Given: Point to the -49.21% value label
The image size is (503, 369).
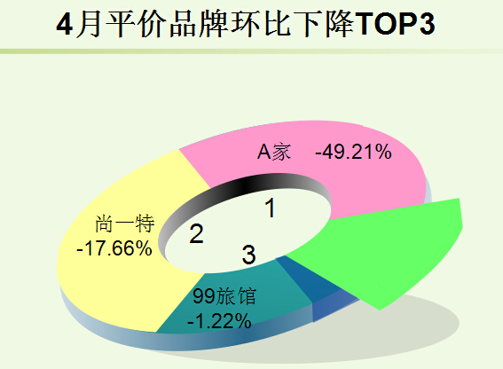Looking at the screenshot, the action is (x=353, y=152).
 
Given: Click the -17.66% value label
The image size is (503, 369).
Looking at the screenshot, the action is (x=114, y=248).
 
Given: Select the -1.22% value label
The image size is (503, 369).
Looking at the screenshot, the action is (x=219, y=320).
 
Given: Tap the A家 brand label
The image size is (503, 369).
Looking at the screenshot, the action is (x=274, y=152).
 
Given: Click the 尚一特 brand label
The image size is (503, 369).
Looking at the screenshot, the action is (x=125, y=224).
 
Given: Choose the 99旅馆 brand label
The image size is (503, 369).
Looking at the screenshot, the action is (x=224, y=296).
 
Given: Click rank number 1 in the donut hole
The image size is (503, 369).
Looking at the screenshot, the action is (x=271, y=208).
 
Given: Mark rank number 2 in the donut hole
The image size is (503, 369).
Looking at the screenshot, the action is (x=196, y=233).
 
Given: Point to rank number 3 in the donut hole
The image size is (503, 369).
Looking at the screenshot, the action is (x=248, y=254).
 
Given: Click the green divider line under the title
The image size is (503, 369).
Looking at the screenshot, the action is (x=252, y=51).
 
